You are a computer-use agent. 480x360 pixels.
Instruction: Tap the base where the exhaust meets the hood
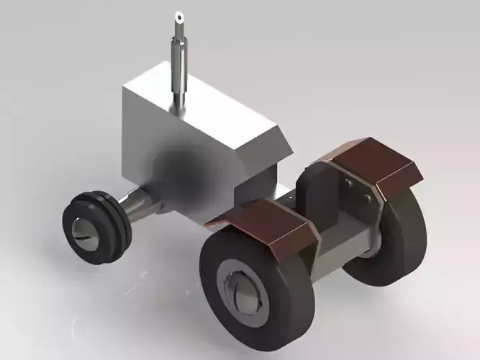tap(178, 105)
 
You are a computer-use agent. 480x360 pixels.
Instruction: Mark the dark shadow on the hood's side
tap(184, 169)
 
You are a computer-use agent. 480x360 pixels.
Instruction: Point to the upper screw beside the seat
tap(350, 184)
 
